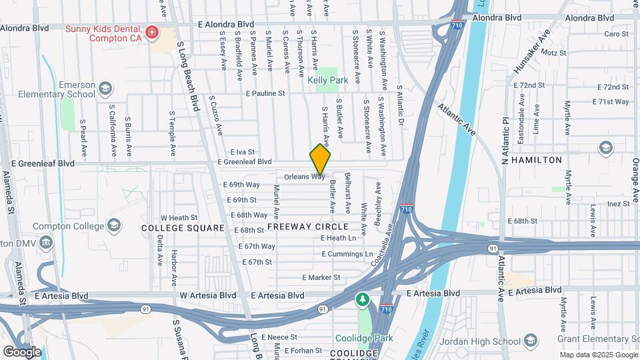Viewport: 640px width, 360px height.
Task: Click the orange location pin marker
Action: (x=320, y=160)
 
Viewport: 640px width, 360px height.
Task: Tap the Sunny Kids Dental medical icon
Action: (x=153, y=32)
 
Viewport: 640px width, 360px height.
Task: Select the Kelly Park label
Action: (x=328, y=80)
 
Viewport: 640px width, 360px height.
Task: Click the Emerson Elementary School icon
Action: (x=105, y=88)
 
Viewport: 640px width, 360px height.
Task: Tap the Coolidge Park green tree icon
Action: (x=362, y=300)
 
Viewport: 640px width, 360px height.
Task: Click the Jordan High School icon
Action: (x=531, y=341)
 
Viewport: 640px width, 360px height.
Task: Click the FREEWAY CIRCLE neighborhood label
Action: (x=308, y=227)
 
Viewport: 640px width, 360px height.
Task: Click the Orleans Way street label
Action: (x=304, y=177)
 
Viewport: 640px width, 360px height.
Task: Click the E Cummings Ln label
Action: (x=347, y=254)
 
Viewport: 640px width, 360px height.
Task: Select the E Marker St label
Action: (x=321, y=277)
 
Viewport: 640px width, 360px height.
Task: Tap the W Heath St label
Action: (x=179, y=217)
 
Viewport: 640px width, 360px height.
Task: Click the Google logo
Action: (x=22, y=351)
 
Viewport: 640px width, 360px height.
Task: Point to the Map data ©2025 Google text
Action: (x=597, y=354)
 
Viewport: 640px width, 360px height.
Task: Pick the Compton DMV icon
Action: (x=46, y=241)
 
